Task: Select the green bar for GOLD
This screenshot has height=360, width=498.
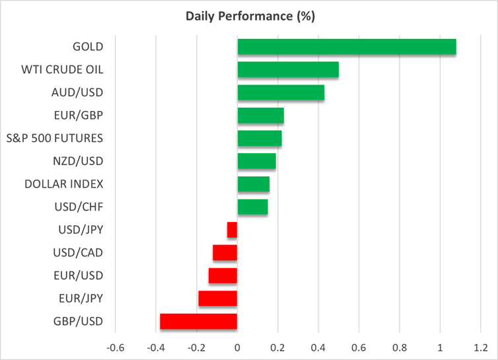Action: [346, 47]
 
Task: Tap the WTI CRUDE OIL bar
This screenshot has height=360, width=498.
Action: [287, 69]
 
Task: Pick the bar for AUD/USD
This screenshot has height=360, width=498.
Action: [280, 92]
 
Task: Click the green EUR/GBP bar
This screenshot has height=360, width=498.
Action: [260, 116]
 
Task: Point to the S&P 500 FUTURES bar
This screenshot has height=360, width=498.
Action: [259, 138]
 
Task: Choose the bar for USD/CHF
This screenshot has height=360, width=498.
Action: [252, 207]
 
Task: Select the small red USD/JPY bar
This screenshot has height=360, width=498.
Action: [232, 230]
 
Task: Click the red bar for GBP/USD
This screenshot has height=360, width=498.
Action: [198, 322]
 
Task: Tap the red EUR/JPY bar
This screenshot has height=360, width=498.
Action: [217, 299]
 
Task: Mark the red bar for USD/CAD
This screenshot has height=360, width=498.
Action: [225, 252]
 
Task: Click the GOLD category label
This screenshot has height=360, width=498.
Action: [89, 47]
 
